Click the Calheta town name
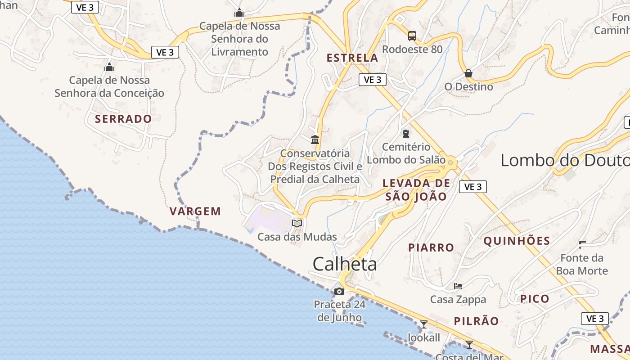[345, 264]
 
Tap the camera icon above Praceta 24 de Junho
[339, 292]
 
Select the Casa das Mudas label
[297, 237]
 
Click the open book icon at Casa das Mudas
[297, 223]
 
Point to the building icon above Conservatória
[315, 139]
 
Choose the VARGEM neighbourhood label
[195, 211]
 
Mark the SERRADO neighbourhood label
[123, 119]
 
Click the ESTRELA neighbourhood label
[352, 58]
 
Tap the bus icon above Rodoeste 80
[412, 36]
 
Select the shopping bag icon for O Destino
[468, 73]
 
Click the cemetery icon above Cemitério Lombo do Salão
[406, 133]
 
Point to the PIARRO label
[431, 247]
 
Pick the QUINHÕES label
[517, 241]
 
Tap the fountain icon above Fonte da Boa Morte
[583, 244]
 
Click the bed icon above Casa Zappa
[458, 286]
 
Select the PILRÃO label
[476, 321]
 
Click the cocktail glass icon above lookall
[423, 324]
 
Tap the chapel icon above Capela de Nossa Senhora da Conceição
[109, 67]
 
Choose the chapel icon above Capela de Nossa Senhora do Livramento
[239, 13]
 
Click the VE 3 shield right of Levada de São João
[473, 186]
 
